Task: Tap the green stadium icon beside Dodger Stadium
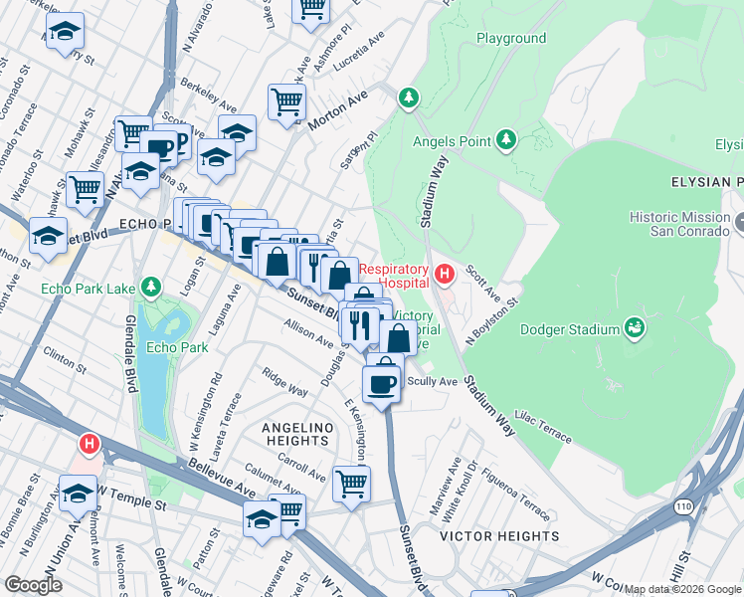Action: coord(633,327)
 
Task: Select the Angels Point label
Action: coord(453,141)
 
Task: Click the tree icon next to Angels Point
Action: coord(506,139)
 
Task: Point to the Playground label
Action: coord(511,39)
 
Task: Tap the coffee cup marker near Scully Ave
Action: coord(382,382)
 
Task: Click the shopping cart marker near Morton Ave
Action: coord(286,100)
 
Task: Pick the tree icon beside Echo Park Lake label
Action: coord(150,289)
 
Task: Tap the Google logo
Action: coord(34,585)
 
